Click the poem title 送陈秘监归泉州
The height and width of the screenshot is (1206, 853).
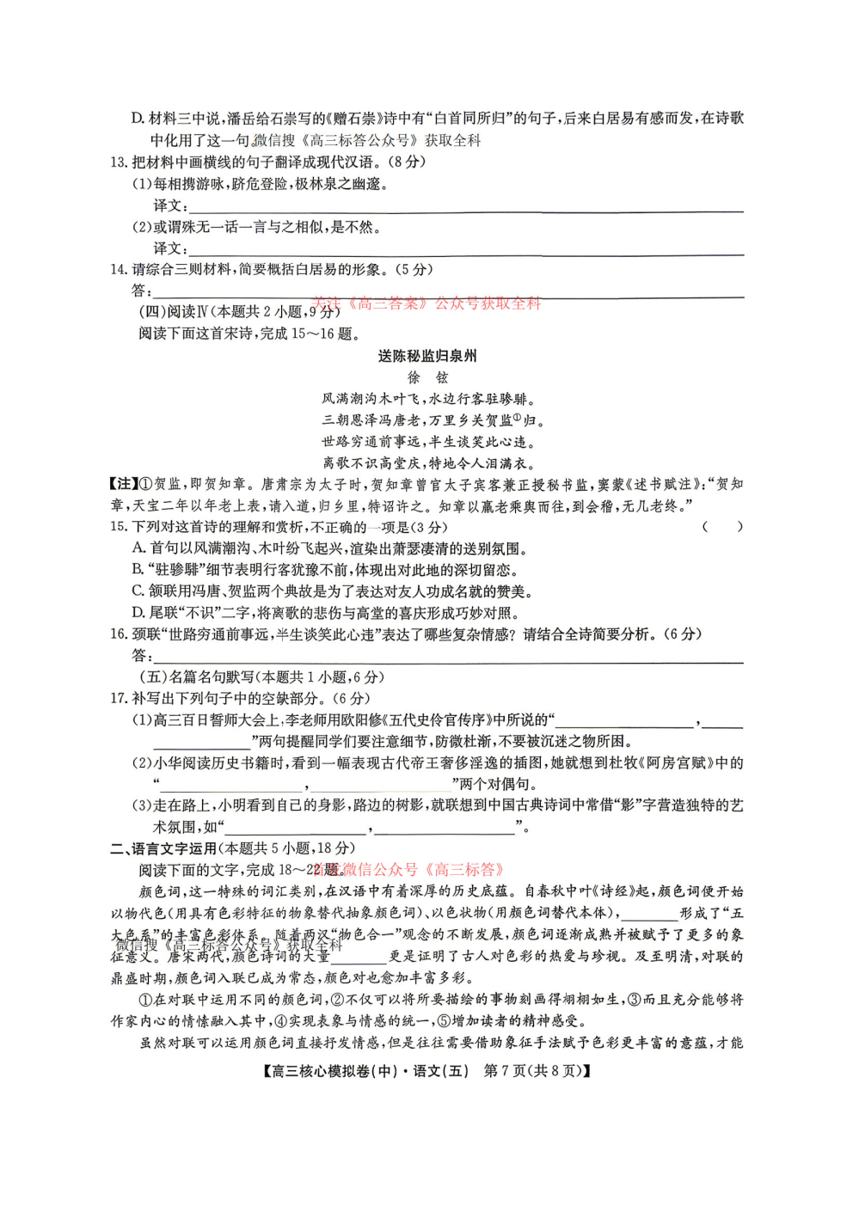[426, 356]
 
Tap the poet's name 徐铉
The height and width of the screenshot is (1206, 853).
[427, 377]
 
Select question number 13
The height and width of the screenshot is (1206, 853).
[119, 162]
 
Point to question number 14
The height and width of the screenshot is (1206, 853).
[119, 270]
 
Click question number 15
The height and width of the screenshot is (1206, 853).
[119, 527]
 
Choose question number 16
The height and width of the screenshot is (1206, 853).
[119, 634]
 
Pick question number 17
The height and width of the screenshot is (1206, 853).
[119, 699]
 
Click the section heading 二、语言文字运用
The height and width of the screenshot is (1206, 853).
[163, 848]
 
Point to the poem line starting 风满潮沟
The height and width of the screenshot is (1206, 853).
[427, 399]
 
